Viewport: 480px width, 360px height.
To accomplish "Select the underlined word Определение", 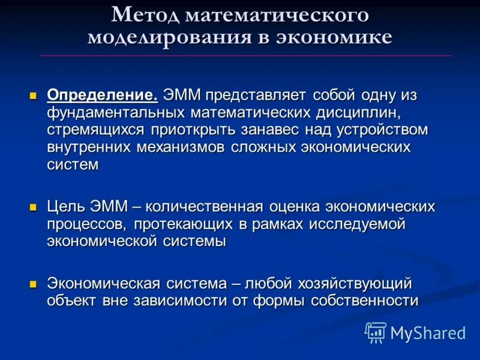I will pos(103,95).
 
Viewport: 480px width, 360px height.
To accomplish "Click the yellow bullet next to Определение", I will pos(34,95).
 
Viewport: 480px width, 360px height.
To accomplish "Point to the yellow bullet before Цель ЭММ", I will pos(34,207).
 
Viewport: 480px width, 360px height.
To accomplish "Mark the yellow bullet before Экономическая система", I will pos(34,283).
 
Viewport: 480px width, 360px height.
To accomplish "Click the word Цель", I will pos(66,207).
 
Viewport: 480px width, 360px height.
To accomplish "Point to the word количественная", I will pos(205,207).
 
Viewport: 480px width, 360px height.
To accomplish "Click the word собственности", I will pos(364,301).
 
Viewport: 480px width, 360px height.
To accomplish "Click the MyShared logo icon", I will pos(375,332).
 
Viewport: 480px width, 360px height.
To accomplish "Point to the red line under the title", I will pos(246,56).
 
